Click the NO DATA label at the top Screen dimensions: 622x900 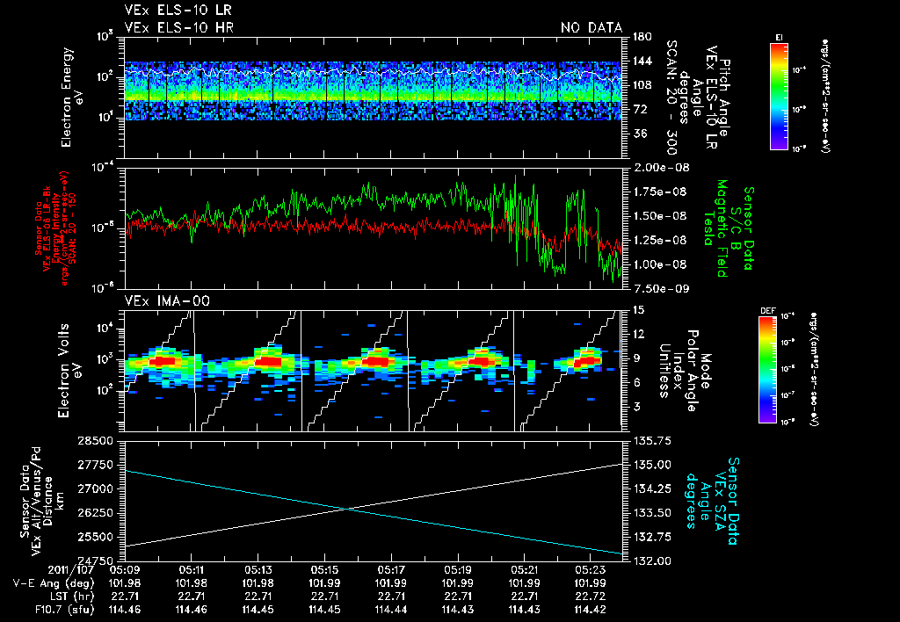[591, 27]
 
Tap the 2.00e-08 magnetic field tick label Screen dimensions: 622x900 [660, 167]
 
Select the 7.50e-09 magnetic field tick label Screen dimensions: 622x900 [660, 287]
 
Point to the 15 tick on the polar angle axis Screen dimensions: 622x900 [636, 310]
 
